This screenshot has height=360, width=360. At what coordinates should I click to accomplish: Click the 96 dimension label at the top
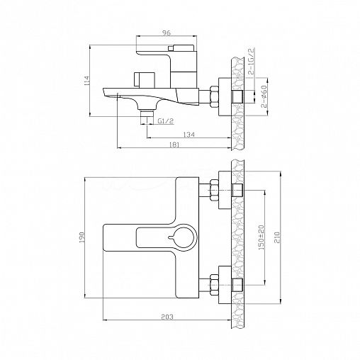[167, 33]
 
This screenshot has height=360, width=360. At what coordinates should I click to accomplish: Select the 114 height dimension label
[86, 81]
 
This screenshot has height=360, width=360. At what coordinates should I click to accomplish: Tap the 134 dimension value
[189, 135]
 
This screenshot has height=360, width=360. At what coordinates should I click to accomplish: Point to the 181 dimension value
[174, 145]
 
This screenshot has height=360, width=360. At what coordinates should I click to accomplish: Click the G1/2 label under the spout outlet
[166, 121]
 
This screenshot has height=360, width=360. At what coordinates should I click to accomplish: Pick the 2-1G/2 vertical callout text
[252, 61]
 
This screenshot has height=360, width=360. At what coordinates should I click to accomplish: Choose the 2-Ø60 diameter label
[264, 96]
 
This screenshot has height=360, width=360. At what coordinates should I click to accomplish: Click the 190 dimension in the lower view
[82, 237]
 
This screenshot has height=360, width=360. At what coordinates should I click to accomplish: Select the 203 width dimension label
[167, 317]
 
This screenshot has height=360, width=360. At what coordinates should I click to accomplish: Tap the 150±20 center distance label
[261, 237]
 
